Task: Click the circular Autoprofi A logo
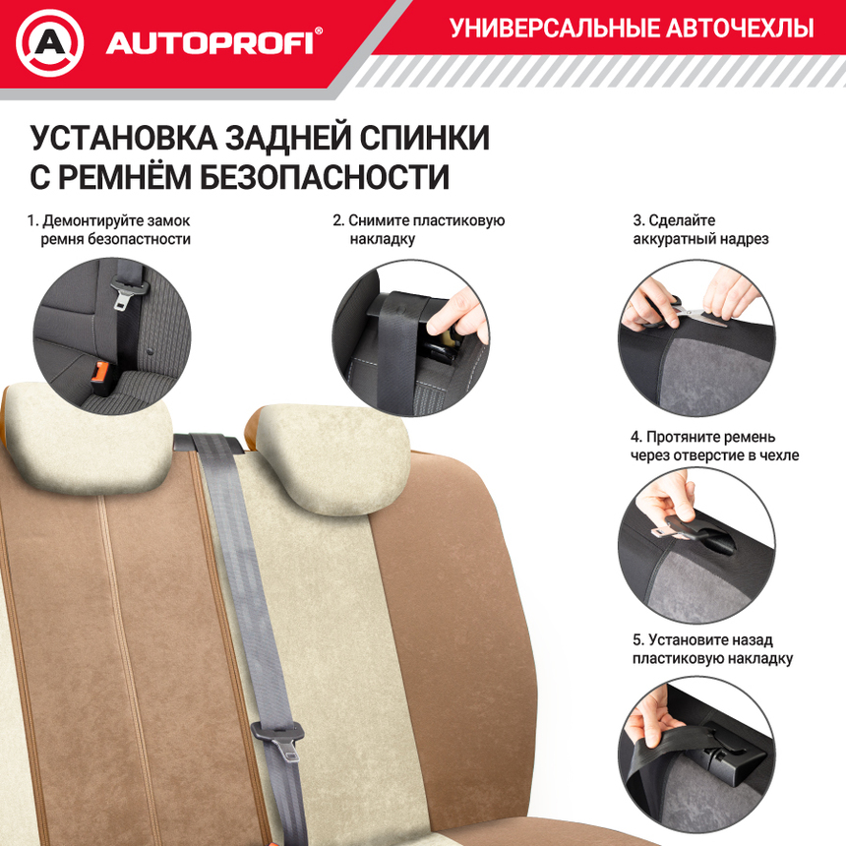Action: [50, 42]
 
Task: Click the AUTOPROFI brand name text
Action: [210, 43]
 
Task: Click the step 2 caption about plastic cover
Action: [418, 229]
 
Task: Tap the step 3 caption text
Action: [699, 229]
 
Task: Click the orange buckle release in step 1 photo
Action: [100, 372]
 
